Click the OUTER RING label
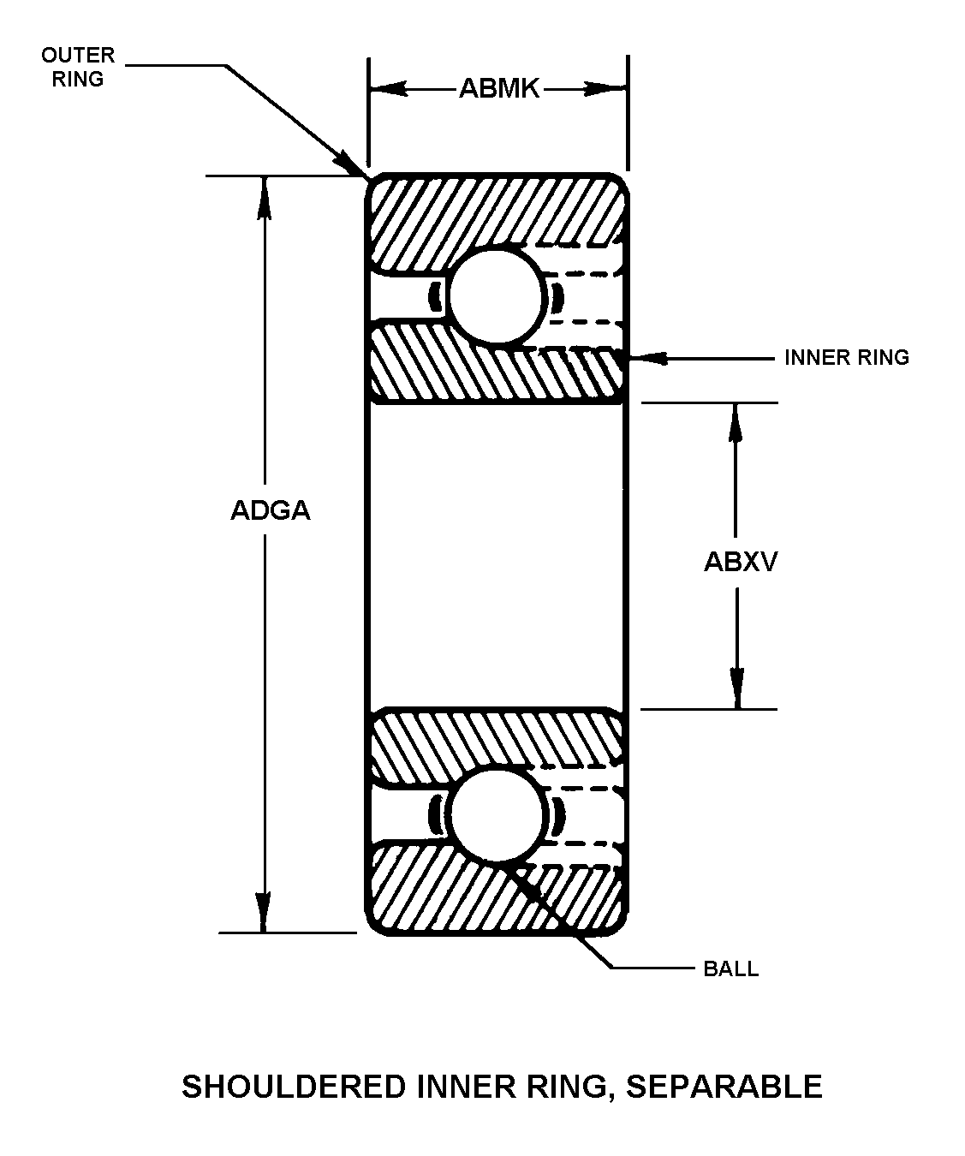pos(78,67)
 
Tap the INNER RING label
pos(847,358)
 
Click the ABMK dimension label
pos(499,88)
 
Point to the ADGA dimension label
pos(271,509)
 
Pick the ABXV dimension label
pos(740,562)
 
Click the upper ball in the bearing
pos(497,296)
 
